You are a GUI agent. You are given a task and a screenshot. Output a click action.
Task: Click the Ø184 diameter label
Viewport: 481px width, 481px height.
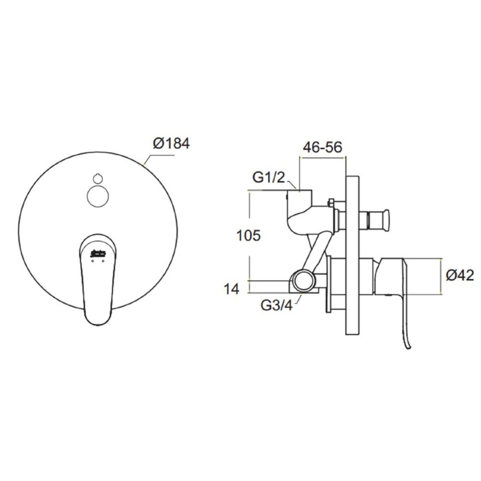[x=172, y=143]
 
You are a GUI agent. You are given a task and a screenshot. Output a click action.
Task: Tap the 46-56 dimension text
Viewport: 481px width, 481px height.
[x=322, y=147]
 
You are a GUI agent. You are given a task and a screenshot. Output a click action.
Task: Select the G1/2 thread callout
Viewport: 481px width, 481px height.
[x=268, y=177]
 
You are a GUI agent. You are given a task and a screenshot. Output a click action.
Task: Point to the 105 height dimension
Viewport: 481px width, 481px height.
[x=249, y=236]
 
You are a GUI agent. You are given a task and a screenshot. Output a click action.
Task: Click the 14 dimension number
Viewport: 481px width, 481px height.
[x=231, y=289]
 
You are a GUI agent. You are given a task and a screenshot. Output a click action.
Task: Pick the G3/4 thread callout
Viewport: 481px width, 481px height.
[x=277, y=305]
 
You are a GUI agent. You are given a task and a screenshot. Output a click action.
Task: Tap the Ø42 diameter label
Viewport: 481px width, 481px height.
[x=460, y=275]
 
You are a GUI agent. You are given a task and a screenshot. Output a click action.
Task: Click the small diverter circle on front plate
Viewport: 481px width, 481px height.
[x=98, y=196]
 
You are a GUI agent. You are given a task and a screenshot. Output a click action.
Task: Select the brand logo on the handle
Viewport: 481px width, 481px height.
[x=98, y=253]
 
